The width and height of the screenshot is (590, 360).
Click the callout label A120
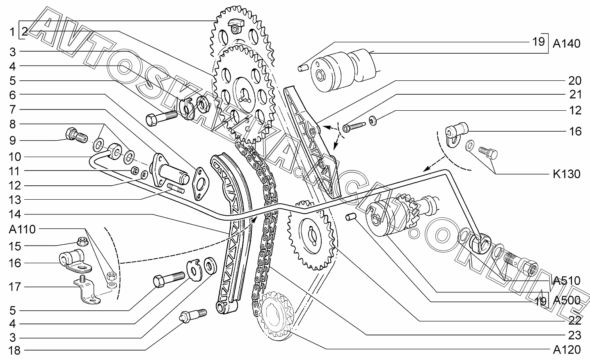tap(567, 350)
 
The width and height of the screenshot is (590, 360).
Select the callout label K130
tap(567, 174)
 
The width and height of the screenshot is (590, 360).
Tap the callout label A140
tap(567, 43)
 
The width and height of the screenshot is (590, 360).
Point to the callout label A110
tap(23, 229)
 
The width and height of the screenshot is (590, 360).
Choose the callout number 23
tap(575, 335)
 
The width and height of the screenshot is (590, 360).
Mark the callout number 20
tap(575, 80)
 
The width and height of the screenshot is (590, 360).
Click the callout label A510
tap(567, 280)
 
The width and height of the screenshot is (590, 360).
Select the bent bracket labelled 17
tap(87, 291)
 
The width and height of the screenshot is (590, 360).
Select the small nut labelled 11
tap(134, 170)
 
